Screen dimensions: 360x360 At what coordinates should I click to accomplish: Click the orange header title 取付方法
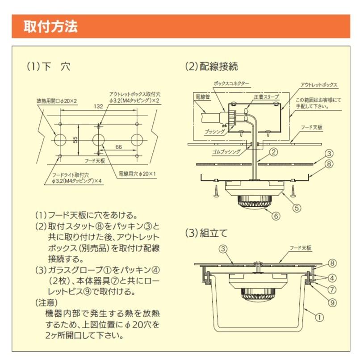point(50,26)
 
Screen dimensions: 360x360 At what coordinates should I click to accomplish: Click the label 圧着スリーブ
point(266,96)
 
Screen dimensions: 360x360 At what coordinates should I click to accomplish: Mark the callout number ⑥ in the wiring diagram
point(276,216)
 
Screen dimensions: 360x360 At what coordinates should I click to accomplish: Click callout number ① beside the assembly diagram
point(319,318)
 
